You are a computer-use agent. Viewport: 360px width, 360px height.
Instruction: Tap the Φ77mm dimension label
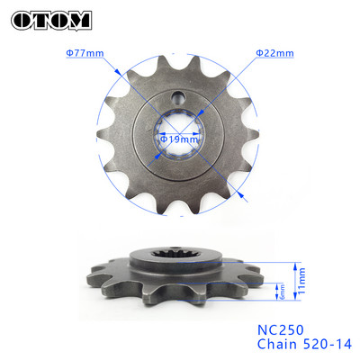click(x=84, y=53)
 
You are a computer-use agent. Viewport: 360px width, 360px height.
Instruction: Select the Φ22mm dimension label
click(x=274, y=53)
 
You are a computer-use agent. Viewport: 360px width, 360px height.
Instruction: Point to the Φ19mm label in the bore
click(x=180, y=139)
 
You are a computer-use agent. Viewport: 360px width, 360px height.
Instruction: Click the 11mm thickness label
click(x=303, y=280)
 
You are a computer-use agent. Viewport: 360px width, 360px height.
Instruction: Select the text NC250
click(x=281, y=327)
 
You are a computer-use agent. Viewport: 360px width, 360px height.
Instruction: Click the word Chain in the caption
click(x=274, y=343)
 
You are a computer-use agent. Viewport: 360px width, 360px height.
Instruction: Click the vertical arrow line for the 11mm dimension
click(x=295, y=280)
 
